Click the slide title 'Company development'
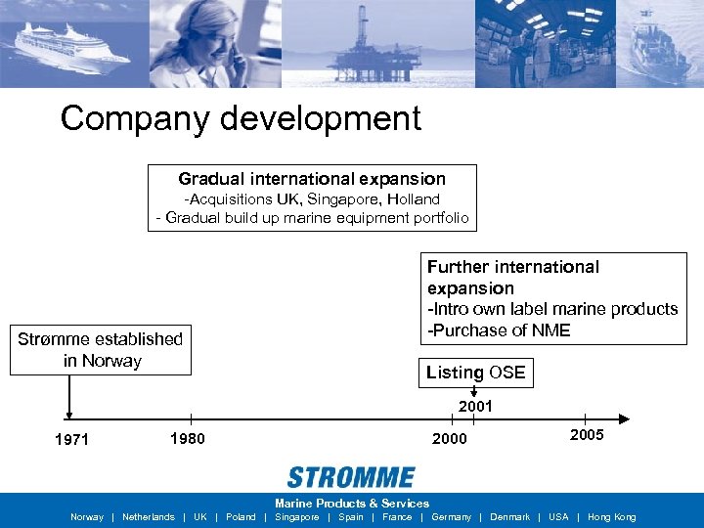(241, 118)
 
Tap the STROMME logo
(351, 477)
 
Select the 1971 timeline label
(71, 440)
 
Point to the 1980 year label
(187, 438)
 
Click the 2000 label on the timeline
(450, 439)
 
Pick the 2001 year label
(475, 406)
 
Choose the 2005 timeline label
(587, 435)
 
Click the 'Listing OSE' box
(476, 373)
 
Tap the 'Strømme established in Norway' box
(101, 350)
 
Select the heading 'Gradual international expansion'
(312, 179)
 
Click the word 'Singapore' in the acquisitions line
(346, 199)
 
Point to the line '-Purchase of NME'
(500, 330)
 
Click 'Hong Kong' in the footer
(611, 517)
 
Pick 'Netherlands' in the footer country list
(149, 517)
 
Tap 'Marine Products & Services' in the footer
(352, 504)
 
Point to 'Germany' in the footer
(452, 517)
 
